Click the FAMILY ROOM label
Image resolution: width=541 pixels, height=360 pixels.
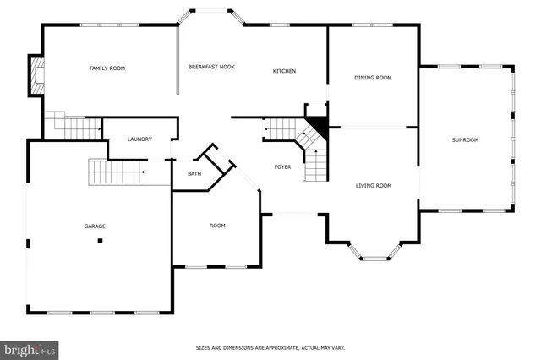pyautogui.click(x=107, y=68)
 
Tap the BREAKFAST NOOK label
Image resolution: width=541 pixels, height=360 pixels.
pyautogui.click(x=211, y=66)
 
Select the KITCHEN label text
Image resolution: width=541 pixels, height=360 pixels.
pyautogui.click(x=284, y=71)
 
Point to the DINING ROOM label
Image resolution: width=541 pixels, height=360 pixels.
pyautogui.click(x=372, y=78)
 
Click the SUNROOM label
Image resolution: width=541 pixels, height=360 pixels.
pyautogui.click(x=465, y=139)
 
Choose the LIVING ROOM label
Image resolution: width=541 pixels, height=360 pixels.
pyautogui.click(x=373, y=185)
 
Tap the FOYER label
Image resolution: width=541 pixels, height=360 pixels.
pyautogui.click(x=282, y=166)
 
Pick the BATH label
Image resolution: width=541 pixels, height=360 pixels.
pyautogui.click(x=194, y=174)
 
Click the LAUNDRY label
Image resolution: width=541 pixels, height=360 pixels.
pyautogui.click(x=139, y=139)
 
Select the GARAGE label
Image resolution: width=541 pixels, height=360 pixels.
pyautogui.click(x=95, y=226)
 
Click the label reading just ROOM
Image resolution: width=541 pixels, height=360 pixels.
pyautogui.click(x=217, y=226)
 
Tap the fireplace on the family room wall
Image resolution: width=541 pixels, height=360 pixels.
pyautogui.click(x=36, y=77)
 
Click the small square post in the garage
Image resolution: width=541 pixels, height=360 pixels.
pyautogui.click(x=100, y=241)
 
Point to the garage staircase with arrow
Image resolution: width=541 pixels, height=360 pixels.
pyautogui.click(x=117, y=172)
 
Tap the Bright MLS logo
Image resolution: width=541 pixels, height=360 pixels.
pyautogui.click(x=30, y=349)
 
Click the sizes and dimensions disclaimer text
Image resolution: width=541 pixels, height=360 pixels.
pyautogui.click(x=270, y=347)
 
